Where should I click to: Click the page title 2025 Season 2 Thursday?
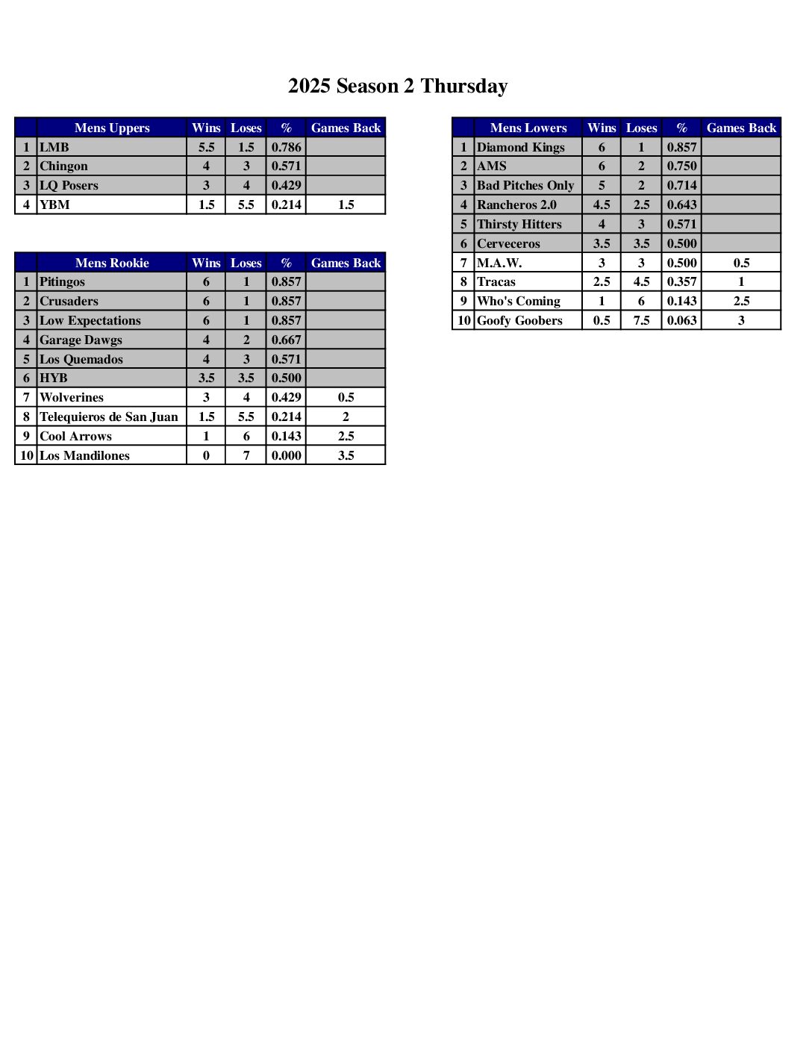[398, 86]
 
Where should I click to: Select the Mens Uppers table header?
[112, 128]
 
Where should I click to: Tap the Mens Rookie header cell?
[112, 263]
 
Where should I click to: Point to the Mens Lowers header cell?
[528, 128]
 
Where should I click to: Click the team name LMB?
[54, 147]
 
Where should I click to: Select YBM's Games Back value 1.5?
[346, 205]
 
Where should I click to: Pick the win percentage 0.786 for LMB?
[286, 147]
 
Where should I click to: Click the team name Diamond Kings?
[521, 147]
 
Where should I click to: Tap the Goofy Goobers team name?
[519, 320]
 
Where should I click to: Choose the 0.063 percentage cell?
[681, 320]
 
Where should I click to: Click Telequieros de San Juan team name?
[109, 417]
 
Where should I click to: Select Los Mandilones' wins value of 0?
[206, 455]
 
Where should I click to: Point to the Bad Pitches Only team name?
[525, 185]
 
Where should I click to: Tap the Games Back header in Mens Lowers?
[741, 128]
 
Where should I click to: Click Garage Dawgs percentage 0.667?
[286, 340]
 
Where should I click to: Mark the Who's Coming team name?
[519, 301]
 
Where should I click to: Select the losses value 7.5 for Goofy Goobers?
[641, 320]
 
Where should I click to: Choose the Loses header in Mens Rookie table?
[246, 263]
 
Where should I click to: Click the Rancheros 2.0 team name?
[516, 205]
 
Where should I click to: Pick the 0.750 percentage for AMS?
[681, 166]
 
